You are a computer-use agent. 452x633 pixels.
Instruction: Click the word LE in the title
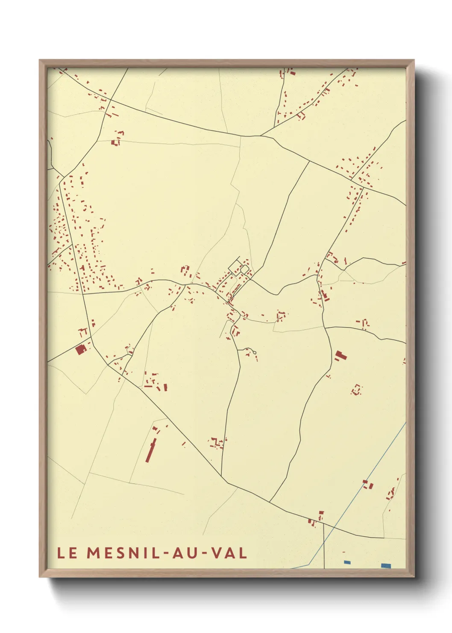[68, 553]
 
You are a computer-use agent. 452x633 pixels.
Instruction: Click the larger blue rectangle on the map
[386, 565]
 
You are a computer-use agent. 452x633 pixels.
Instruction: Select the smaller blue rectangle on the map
[347, 562]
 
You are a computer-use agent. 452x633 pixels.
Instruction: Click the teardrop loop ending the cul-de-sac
[254, 353]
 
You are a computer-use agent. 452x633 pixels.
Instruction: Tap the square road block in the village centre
[245, 269]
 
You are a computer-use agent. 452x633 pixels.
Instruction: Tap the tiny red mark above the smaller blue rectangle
[343, 552]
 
